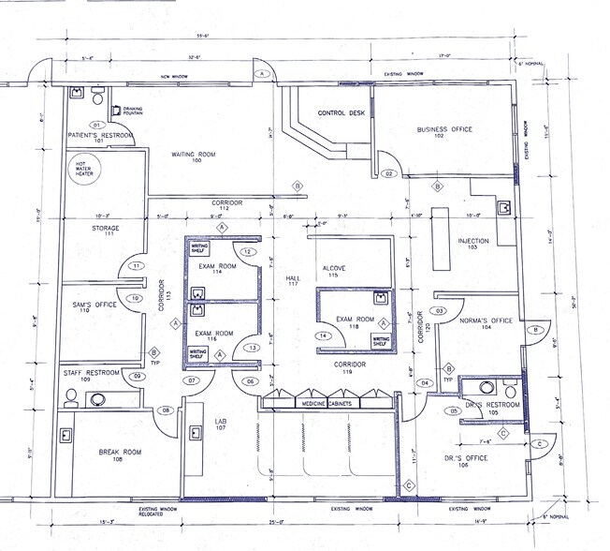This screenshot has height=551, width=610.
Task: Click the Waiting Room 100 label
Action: tap(196, 157)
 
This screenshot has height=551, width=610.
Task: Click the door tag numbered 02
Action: tap(389, 174)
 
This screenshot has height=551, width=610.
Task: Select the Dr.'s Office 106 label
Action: tap(466, 461)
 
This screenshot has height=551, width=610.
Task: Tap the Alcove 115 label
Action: tap(334, 273)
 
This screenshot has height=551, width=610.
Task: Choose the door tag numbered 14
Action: tap(323, 335)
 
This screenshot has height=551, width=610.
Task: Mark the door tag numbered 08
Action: tap(167, 410)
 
